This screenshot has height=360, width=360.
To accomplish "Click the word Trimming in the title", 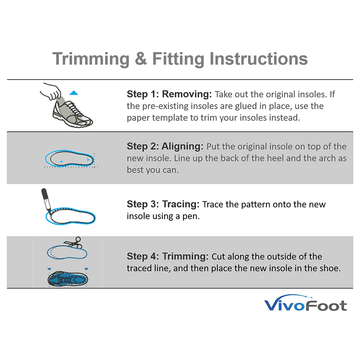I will point(91,59).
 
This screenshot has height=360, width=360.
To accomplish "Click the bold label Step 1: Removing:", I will point(169,94).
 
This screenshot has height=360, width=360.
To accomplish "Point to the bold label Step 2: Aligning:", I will point(165,147).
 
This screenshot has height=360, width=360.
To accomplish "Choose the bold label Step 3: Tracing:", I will point(163,204).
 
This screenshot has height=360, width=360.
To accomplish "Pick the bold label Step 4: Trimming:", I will point(167,256).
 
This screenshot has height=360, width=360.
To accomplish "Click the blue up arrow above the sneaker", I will point(74,93).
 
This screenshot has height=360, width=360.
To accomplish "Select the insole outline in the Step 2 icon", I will point(70,158).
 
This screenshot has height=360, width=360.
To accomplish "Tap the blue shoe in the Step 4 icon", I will point(68,279).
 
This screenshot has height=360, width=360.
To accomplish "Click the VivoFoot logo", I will point(305,305).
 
